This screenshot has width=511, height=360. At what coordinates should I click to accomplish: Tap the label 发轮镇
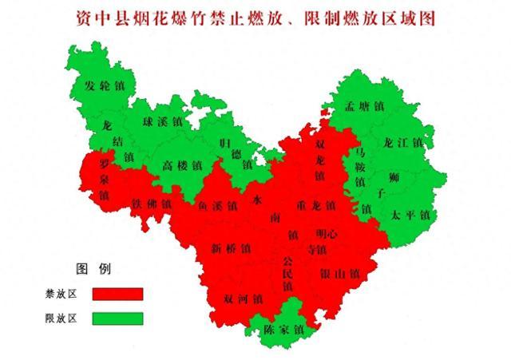click(104, 85)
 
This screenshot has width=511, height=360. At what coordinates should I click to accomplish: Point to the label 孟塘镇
click(363, 106)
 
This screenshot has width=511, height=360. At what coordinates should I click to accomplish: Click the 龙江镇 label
click(403, 142)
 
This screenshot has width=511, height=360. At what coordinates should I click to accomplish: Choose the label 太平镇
click(411, 214)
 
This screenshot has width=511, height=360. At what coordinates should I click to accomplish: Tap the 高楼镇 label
click(182, 165)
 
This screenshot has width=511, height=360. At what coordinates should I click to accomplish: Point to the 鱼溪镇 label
click(216, 205)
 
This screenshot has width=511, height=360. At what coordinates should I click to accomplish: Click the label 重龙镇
click(315, 205)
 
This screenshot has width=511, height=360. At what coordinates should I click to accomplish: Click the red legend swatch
click(117, 294)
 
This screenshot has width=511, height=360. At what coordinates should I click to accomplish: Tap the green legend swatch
click(117, 318)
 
